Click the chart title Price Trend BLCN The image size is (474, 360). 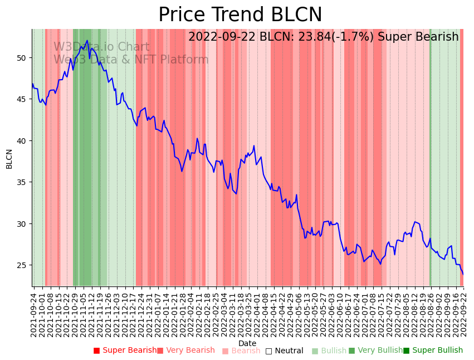tap(240, 15)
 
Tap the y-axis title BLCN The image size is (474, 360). tap(9, 159)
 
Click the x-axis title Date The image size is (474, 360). tap(247, 343)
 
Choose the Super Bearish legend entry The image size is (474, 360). tap(125, 351)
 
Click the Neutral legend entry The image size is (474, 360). tap(285, 351)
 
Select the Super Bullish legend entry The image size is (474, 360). tap(433, 351)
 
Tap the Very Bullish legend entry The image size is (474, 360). tap(375, 351)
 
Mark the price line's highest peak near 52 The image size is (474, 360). tap(87, 41)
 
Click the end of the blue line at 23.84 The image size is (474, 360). tap(462, 274)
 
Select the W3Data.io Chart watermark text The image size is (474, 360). tap(101, 47)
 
